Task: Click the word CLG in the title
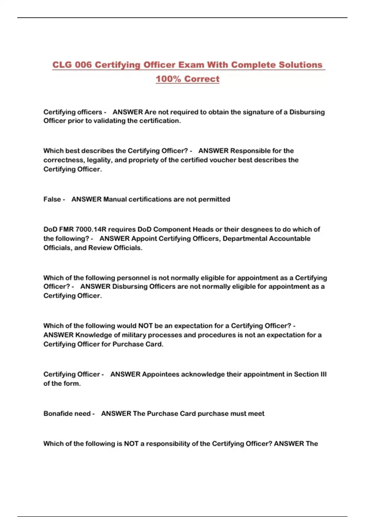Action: point(62,65)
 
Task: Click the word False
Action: point(52,199)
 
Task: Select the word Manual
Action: point(115,199)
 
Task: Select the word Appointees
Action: point(161,374)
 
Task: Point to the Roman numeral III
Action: point(323,374)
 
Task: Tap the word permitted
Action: point(214,199)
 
